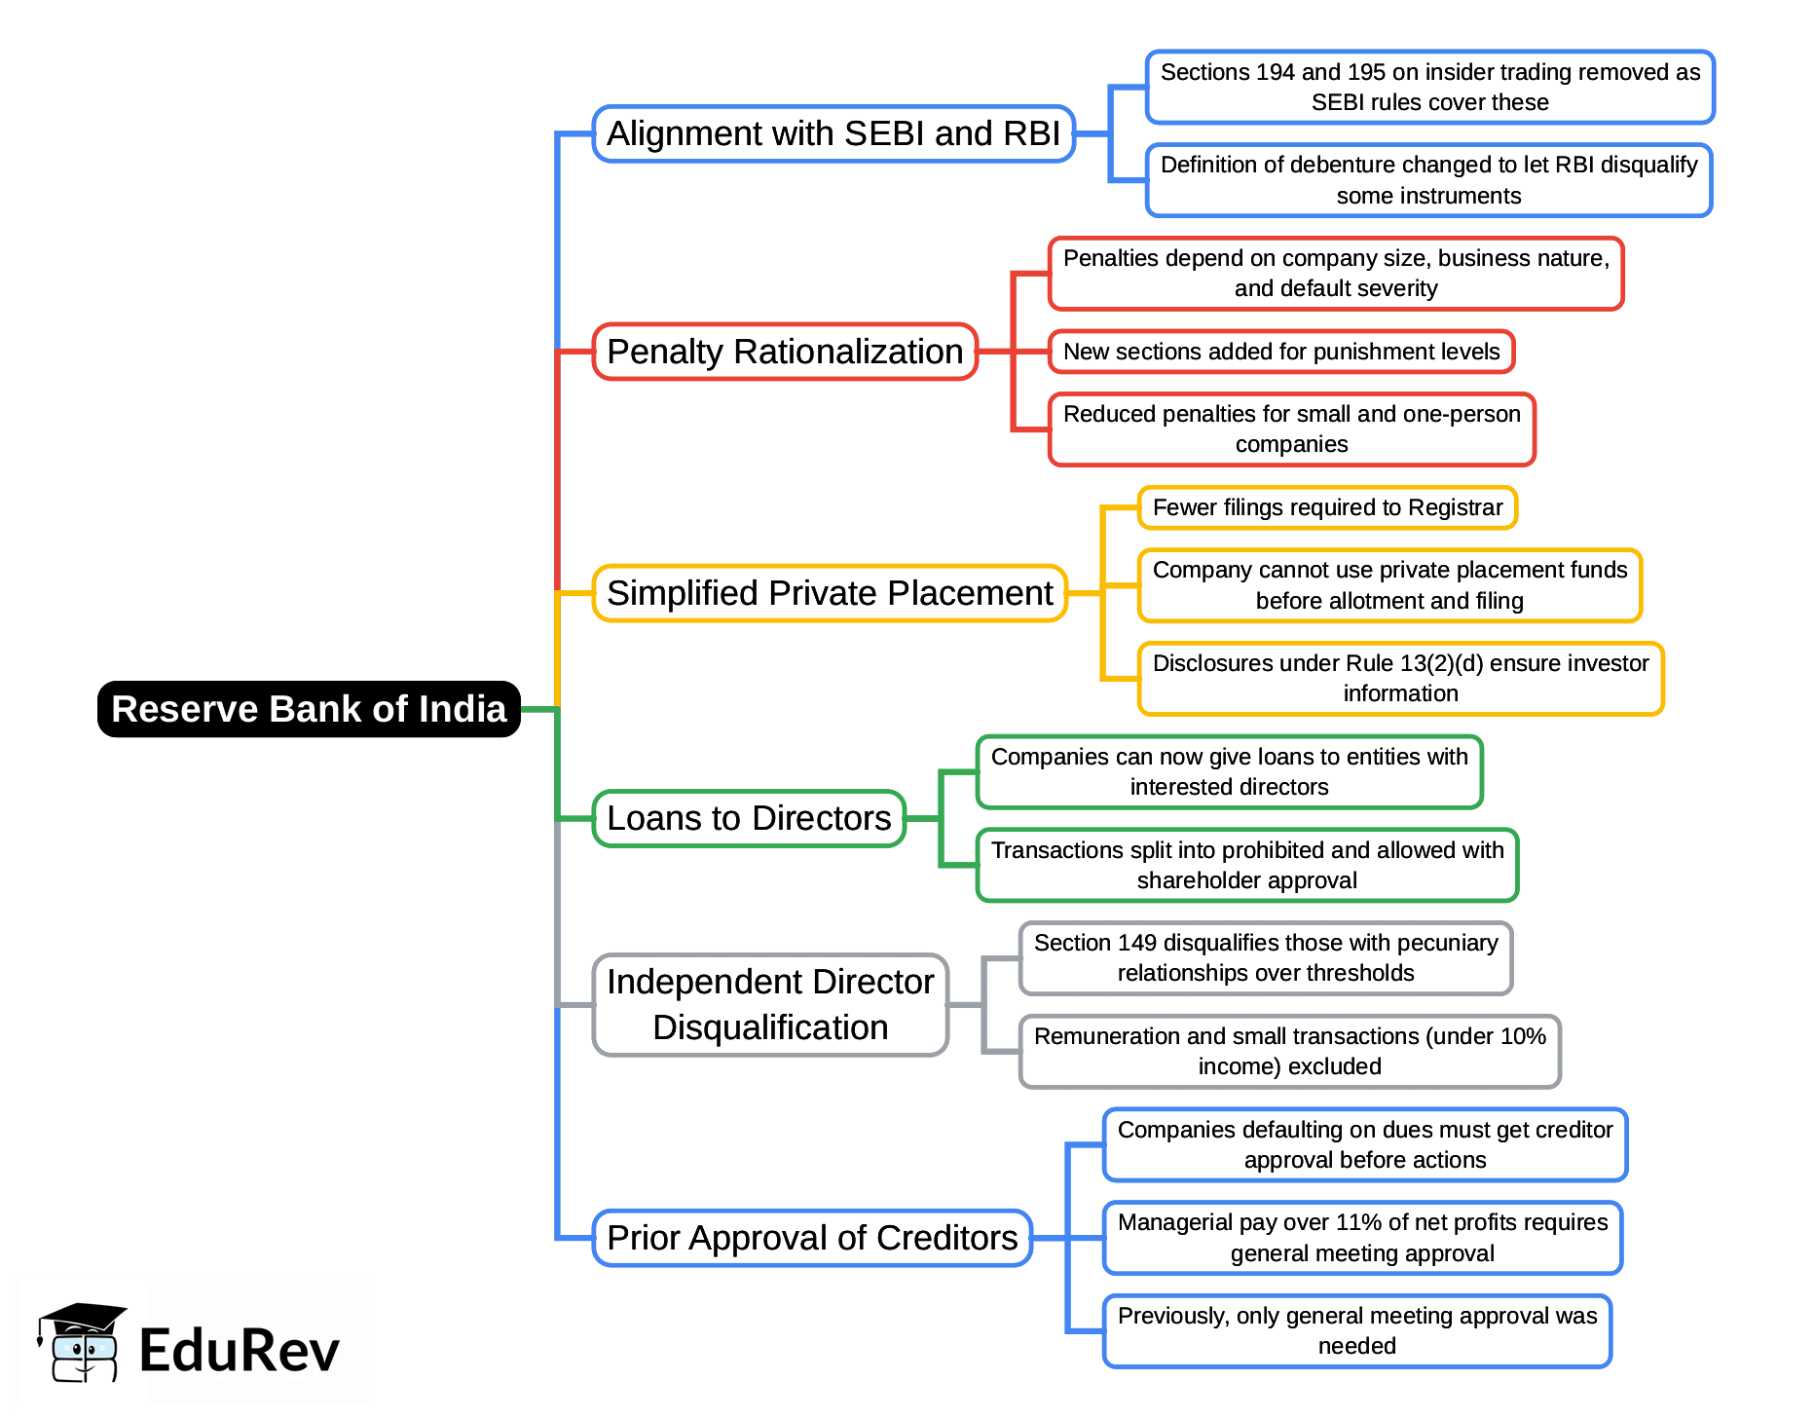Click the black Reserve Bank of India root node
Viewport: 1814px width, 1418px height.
coord(309,709)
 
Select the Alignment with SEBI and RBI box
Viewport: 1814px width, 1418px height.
coord(833,133)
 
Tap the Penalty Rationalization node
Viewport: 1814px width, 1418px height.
coord(785,352)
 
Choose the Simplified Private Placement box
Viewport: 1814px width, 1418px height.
coord(830,593)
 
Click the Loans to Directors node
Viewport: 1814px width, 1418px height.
coord(749,818)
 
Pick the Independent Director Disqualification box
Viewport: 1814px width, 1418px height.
coord(770,1004)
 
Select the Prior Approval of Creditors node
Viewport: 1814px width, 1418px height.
coord(812,1238)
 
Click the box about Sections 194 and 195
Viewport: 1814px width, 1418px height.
coord(1429,88)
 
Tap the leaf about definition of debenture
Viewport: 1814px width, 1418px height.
coord(1428,180)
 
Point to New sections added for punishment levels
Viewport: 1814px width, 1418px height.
coord(1281,352)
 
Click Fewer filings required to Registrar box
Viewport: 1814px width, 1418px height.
coord(1327,507)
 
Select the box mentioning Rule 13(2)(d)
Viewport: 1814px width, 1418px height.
coord(1400,678)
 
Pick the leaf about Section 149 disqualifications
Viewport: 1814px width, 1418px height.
coord(1266,957)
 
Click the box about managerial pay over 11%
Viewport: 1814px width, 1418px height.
coord(1362,1237)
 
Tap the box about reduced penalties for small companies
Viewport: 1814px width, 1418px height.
coord(1291,429)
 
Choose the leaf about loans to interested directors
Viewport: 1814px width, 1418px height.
coord(1229,771)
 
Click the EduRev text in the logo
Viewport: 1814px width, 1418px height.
coord(240,1351)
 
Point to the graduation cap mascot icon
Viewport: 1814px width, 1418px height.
coord(81,1342)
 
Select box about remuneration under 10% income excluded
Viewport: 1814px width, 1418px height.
coord(1289,1051)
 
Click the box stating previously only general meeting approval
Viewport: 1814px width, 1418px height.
coord(1356,1330)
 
